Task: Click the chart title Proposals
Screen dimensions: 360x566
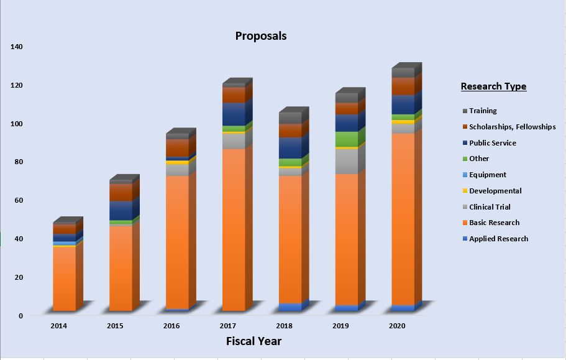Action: (x=261, y=35)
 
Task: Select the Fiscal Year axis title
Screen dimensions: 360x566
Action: (x=253, y=341)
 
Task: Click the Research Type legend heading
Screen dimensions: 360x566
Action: (x=493, y=86)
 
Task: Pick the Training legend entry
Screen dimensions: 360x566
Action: (x=483, y=111)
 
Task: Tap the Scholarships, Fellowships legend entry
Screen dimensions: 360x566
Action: (x=512, y=127)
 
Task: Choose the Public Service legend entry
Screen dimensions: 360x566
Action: (x=492, y=143)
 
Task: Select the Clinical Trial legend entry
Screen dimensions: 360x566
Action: (x=490, y=207)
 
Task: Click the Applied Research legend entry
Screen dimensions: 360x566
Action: (x=498, y=239)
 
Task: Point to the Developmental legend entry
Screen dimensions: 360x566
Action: (x=495, y=191)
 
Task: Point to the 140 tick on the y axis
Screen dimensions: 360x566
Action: (x=16, y=47)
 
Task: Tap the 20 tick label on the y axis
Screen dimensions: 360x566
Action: (x=18, y=277)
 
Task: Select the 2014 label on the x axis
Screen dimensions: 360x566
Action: (x=58, y=325)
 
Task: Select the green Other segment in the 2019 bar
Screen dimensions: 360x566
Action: (x=346, y=139)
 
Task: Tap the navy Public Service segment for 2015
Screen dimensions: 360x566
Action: (x=121, y=210)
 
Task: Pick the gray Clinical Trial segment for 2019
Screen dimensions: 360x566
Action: (x=346, y=161)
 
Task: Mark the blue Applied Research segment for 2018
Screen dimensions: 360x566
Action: (x=290, y=307)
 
